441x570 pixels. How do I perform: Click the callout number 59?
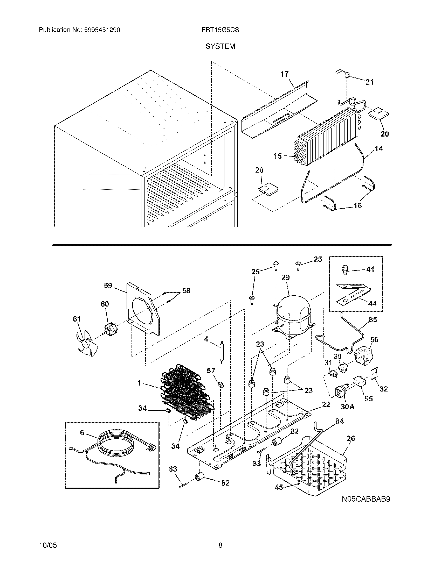(108, 286)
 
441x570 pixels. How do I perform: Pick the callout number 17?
(285, 74)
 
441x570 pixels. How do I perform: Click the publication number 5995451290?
(102, 30)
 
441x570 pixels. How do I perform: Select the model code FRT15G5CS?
(220, 30)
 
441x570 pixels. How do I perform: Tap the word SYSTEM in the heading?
(220, 46)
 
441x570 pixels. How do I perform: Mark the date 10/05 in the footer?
(48, 545)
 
